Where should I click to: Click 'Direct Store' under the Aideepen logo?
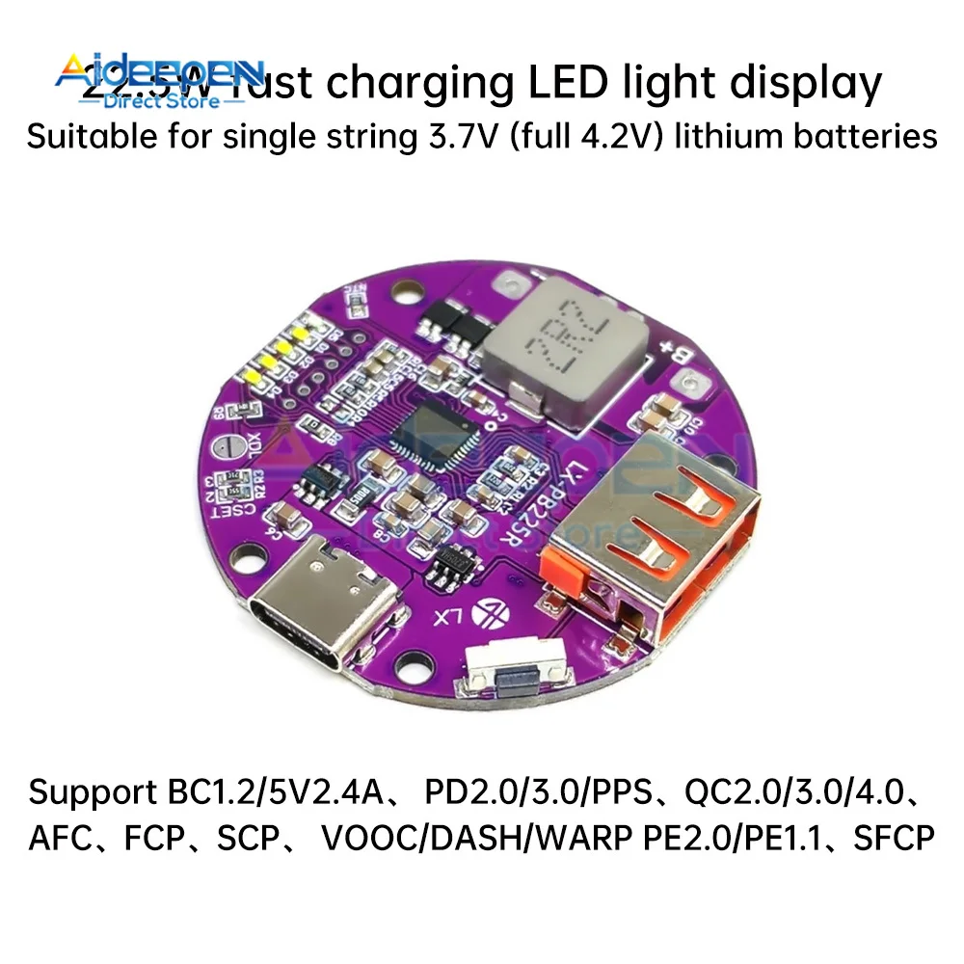pyautogui.click(x=161, y=102)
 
